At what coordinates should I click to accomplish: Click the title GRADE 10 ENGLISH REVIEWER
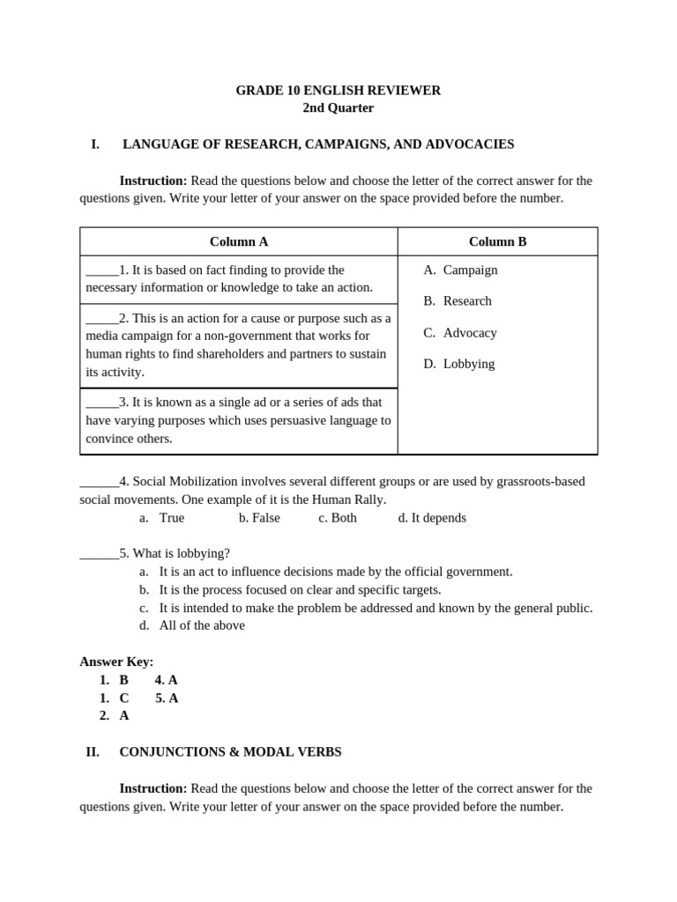(338, 90)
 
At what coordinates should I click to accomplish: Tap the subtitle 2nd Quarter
(338, 107)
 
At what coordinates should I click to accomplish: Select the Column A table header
(239, 241)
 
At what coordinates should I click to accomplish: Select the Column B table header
(497, 241)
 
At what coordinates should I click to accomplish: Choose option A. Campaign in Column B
(460, 270)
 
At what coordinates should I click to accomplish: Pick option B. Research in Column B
(458, 300)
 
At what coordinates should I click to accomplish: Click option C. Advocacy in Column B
(460, 332)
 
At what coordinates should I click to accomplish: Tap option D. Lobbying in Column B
(458, 363)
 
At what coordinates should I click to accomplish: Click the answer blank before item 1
(101, 271)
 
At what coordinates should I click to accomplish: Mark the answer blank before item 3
(101, 403)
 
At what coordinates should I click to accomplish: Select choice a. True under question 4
(162, 518)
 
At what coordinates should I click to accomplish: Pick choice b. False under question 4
(259, 518)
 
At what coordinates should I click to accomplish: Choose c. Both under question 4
(338, 518)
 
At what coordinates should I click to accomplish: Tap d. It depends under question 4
(432, 518)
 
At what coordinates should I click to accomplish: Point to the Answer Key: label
(116, 662)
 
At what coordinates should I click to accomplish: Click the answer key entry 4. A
(167, 680)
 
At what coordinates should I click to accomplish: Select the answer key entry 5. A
(167, 698)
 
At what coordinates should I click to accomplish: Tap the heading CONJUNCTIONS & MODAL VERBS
(230, 752)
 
